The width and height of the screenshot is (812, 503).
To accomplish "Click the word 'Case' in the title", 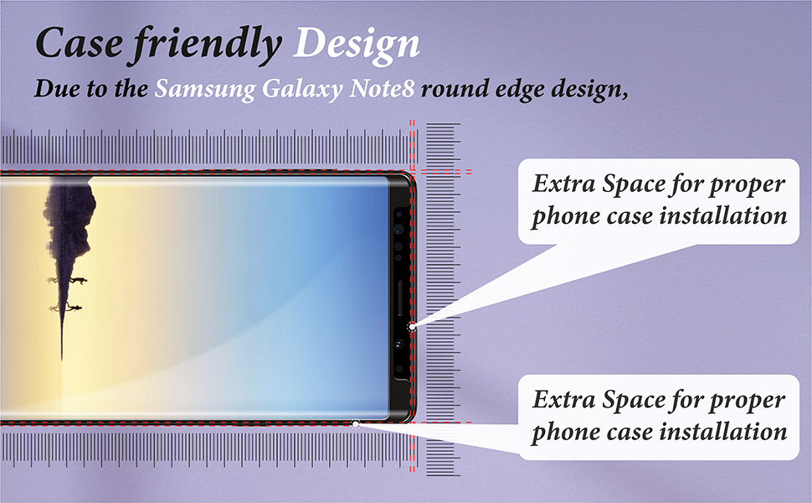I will click(79, 44).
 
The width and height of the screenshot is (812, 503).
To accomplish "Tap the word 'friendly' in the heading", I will click(204, 44).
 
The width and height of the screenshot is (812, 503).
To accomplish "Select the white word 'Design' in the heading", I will click(355, 44).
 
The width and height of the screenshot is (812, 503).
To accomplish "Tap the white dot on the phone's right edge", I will click(411, 325).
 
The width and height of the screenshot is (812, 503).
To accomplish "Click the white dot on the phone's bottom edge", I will click(357, 424).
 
